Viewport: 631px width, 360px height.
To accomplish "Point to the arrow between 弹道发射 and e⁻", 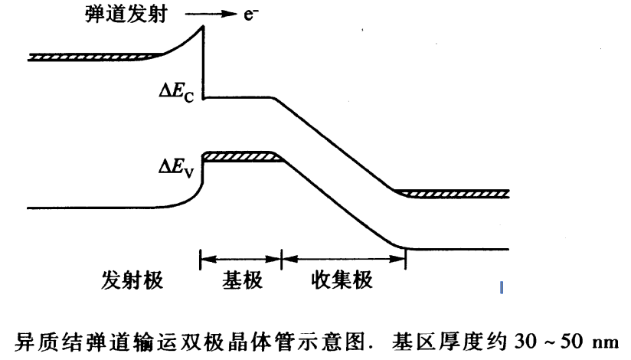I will pyautogui.click(x=217, y=15).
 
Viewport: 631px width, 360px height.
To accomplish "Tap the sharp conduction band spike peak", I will pyautogui.click(x=204, y=28).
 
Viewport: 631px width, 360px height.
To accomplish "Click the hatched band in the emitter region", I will pyautogui.click(x=92, y=57).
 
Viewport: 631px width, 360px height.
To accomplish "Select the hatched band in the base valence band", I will pyautogui.click(x=240, y=156).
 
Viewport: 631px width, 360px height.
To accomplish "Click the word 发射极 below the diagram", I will pyautogui.click(x=132, y=280).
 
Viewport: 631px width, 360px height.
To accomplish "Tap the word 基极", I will pyautogui.click(x=242, y=280).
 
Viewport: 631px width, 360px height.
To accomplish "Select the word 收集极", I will pyautogui.click(x=342, y=280).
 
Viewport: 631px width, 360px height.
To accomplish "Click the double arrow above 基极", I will pyautogui.click(x=241, y=259).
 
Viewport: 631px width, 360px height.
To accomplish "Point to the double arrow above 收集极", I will pyautogui.click(x=343, y=259).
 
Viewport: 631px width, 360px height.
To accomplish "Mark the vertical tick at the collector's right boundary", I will pyautogui.click(x=405, y=259).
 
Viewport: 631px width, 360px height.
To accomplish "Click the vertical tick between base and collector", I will pyautogui.click(x=282, y=259).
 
